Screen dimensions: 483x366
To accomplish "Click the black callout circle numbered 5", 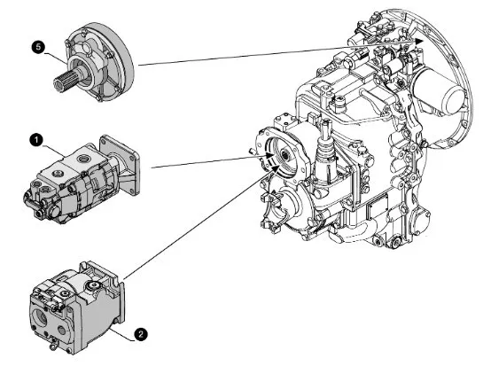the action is tap(38, 48).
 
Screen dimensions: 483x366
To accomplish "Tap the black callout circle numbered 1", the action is tap(36, 141).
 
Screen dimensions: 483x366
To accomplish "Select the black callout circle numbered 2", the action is tap(141, 334).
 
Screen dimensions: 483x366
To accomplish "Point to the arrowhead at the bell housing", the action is tap(418, 42).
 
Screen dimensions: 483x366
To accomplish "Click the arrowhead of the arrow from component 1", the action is tap(269, 156).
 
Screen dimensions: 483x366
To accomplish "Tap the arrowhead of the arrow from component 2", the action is tap(276, 168).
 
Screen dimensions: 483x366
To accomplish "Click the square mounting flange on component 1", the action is tap(121, 165).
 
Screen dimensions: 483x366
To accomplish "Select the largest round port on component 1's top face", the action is tap(84, 160).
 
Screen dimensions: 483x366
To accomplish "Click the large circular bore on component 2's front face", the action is tap(40, 317).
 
